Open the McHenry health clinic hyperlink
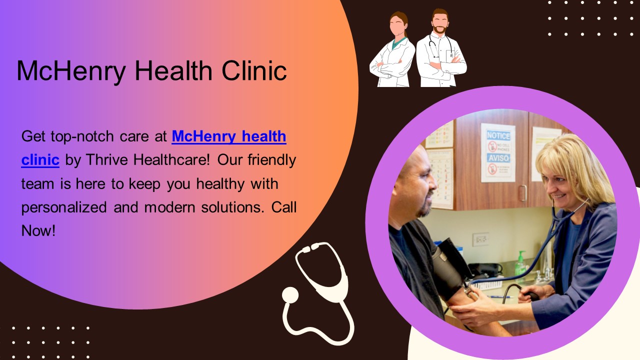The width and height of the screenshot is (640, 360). click(228, 136)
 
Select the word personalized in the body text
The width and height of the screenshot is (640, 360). click(64, 207)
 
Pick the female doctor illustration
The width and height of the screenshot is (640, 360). click(393, 50)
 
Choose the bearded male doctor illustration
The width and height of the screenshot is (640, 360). click(440, 50)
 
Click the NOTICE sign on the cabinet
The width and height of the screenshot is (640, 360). click(498, 135)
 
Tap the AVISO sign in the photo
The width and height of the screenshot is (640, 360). click(498, 158)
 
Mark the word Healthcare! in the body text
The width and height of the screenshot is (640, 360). click(172, 160)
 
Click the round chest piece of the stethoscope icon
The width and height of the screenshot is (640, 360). click(290, 295)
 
